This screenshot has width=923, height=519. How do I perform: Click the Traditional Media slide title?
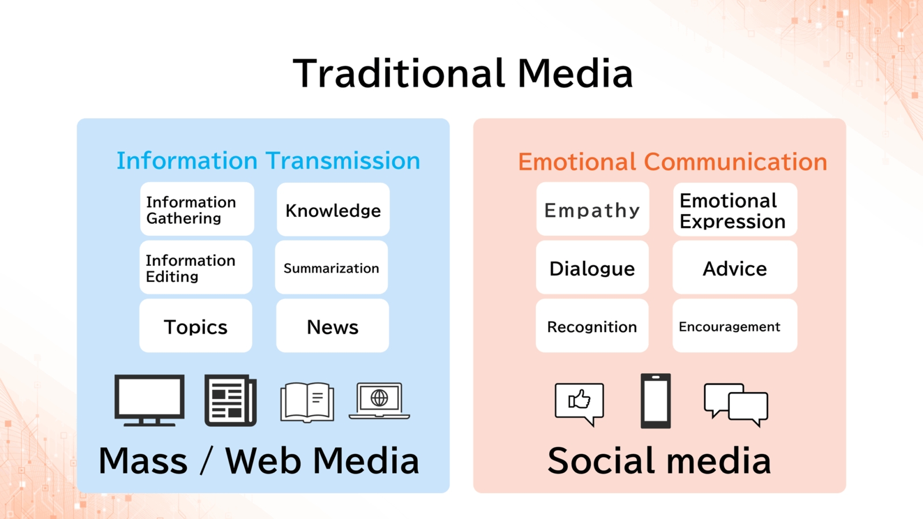pos(462,73)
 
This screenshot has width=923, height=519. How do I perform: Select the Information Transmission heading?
pos(268,160)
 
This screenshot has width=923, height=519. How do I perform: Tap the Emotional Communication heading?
pos(673,161)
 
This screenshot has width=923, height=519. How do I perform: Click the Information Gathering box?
pos(197,209)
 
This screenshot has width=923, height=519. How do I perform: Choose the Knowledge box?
pos(333,209)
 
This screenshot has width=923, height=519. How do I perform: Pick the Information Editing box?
pos(196,268)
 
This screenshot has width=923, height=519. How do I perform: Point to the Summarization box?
pos(331,268)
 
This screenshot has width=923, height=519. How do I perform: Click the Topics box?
pos(196,325)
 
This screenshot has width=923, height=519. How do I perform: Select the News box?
pos(332,325)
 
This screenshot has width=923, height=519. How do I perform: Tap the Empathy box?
pos(592,209)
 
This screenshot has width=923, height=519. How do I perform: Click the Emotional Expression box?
pos(735,209)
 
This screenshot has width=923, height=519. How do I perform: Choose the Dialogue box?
pos(592,268)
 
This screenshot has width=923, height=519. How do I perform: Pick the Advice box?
pos(735,268)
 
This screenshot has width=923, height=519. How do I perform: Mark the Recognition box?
pos(592,325)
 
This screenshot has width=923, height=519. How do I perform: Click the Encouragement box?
pos(735,325)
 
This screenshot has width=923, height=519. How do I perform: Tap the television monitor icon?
pos(149,400)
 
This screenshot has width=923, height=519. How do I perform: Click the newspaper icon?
pos(230,400)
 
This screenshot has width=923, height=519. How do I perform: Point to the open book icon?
pos(307,403)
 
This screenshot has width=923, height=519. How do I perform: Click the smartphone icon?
pos(655,401)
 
